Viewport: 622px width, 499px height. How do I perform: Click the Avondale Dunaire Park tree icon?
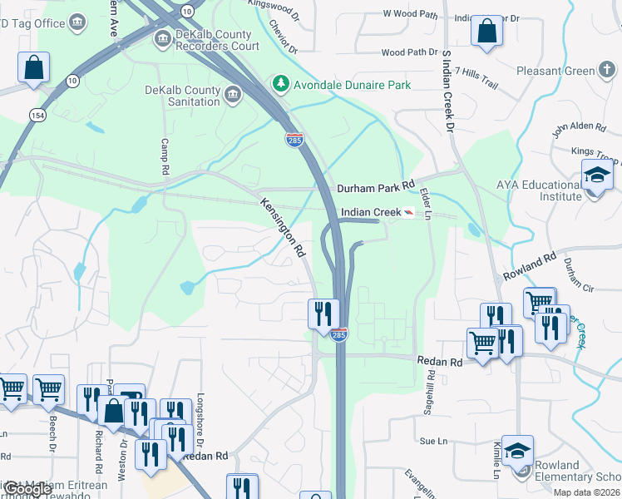pos(280,84)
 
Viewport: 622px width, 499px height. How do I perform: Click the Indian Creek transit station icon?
pos(409,213)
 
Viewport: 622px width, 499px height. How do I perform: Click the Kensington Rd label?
pos(284,225)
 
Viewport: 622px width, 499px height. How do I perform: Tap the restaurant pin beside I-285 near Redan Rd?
pos(323,314)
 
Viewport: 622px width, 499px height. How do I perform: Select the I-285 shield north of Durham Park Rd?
pos(294,140)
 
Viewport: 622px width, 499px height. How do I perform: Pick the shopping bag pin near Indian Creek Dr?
pos(487,32)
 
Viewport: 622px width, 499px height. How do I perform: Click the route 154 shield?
pos(37,114)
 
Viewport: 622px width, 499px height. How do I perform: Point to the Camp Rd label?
pos(165,156)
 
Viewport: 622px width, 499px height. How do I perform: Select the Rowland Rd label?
pos(528,267)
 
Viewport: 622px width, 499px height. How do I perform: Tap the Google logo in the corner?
pos(27,489)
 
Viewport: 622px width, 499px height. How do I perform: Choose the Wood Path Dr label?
pos(409,52)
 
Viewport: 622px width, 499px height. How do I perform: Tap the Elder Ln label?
pos(425,203)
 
